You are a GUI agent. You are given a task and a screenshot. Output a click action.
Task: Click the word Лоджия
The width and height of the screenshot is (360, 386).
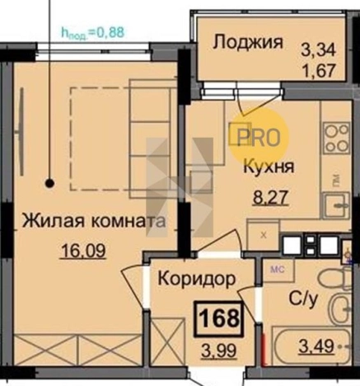click(248, 42)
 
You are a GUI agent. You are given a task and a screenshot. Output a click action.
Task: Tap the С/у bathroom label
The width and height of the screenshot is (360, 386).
click(302, 299)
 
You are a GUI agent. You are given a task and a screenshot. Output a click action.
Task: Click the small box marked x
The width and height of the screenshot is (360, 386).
click(263, 235)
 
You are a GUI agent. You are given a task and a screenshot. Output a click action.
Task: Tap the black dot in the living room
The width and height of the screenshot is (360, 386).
click(50, 184)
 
